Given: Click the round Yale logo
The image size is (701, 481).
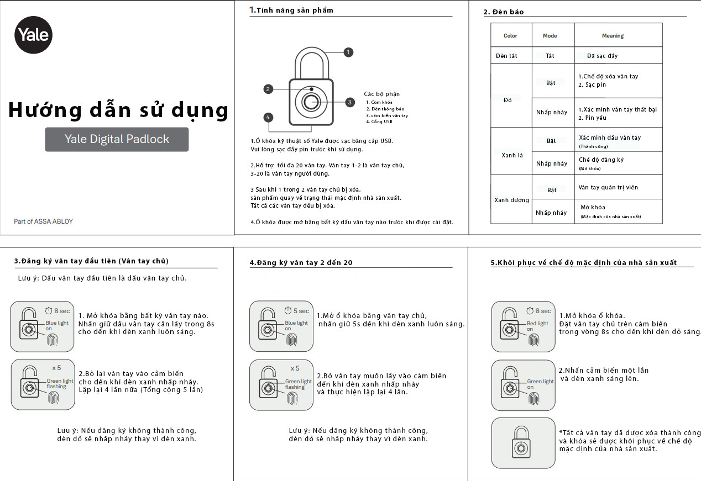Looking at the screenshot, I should [x=33, y=35].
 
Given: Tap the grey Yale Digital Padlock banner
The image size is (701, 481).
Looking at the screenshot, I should [x=117, y=139].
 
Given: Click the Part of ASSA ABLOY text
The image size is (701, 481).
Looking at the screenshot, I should [x=43, y=221].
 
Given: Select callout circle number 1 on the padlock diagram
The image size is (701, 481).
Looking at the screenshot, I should [x=348, y=52].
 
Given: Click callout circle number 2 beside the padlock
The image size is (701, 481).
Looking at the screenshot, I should [x=268, y=89].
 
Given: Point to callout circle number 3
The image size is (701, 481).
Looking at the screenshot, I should [x=349, y=102].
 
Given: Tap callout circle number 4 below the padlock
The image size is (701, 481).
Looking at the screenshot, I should [x=268, y=117].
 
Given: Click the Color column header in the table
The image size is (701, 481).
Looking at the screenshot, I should [x=510, y=36].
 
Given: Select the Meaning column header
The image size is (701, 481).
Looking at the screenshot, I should [x=613, y=36].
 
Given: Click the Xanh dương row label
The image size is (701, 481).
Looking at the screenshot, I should [x=511, y=200].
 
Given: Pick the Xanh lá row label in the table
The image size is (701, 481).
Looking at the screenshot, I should [x=511, y=155].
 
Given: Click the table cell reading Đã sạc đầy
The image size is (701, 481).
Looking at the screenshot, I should [x=603, y=56].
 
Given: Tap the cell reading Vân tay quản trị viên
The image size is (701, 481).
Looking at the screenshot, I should [x=608, y=187].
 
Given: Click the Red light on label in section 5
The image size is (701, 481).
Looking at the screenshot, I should [x=537, y=326].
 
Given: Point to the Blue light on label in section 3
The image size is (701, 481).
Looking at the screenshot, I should [x=56, y=326].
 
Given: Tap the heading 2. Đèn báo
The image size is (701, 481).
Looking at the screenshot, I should [x=504, y=12].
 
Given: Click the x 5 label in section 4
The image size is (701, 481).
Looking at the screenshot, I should [x=295, y=368].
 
